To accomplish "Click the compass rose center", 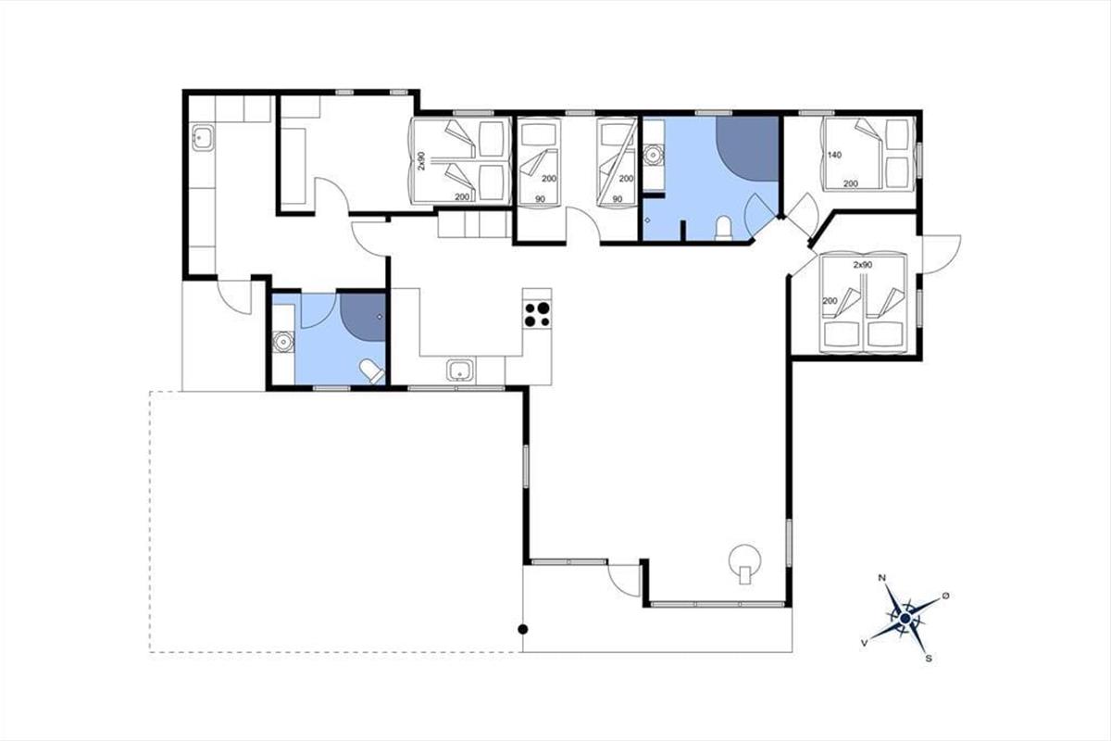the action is pos(905,619).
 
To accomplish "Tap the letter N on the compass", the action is pos(881,577).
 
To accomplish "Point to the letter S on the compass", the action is pos(929,659).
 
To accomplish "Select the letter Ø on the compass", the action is pos(946,595).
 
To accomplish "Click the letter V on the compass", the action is pos(865,643).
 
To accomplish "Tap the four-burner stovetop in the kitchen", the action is pos(537,314).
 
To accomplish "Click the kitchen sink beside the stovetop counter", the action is pos(461,370).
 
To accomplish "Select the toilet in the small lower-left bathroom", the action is pos(371,371).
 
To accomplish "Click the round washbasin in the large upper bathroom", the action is pos(654,156).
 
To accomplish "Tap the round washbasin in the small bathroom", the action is pos(283,342).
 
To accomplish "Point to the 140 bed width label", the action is pos(835,155).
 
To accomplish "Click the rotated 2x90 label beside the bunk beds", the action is pos(421,161).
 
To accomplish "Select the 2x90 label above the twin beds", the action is pos(863,265).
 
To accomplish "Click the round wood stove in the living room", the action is pos(744,562).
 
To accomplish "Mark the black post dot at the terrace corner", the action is pos(523,629).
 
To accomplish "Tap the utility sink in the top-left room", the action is pos(203,138).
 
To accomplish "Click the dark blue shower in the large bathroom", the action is pos(747,148).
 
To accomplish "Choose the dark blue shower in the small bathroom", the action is pos(363,317).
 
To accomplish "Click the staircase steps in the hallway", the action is pos(475,224).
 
